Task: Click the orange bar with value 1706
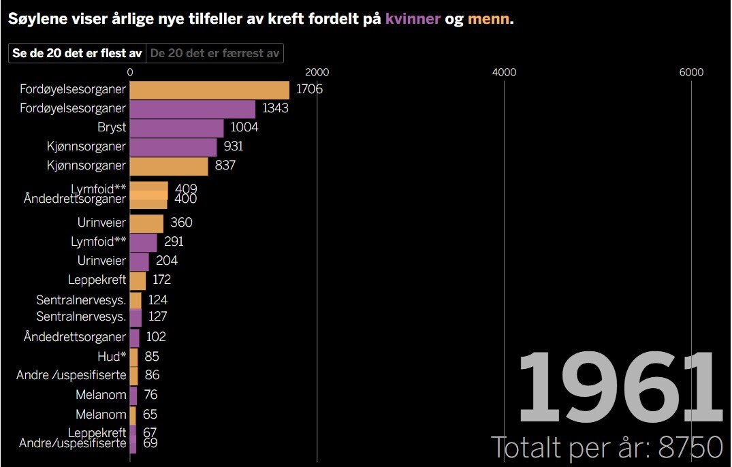tap(209, 90)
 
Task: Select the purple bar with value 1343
tap(192, 109)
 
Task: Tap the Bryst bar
tap(176, 128)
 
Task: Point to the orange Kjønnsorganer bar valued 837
tap(168, 165)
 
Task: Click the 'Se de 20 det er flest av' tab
tap(77, 53)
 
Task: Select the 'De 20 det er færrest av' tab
tap(214, 53)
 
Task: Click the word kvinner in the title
tap(413, 19)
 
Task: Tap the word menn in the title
tap(488, 19)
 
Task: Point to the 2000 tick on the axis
tap(317, 72)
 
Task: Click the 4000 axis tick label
tap(504, 72)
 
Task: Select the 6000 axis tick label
tap(691, 72)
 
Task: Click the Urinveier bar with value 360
tap(146, 223)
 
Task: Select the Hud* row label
tap(112, 356)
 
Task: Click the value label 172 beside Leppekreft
tap(161, 280)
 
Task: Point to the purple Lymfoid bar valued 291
tap(143, 242)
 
